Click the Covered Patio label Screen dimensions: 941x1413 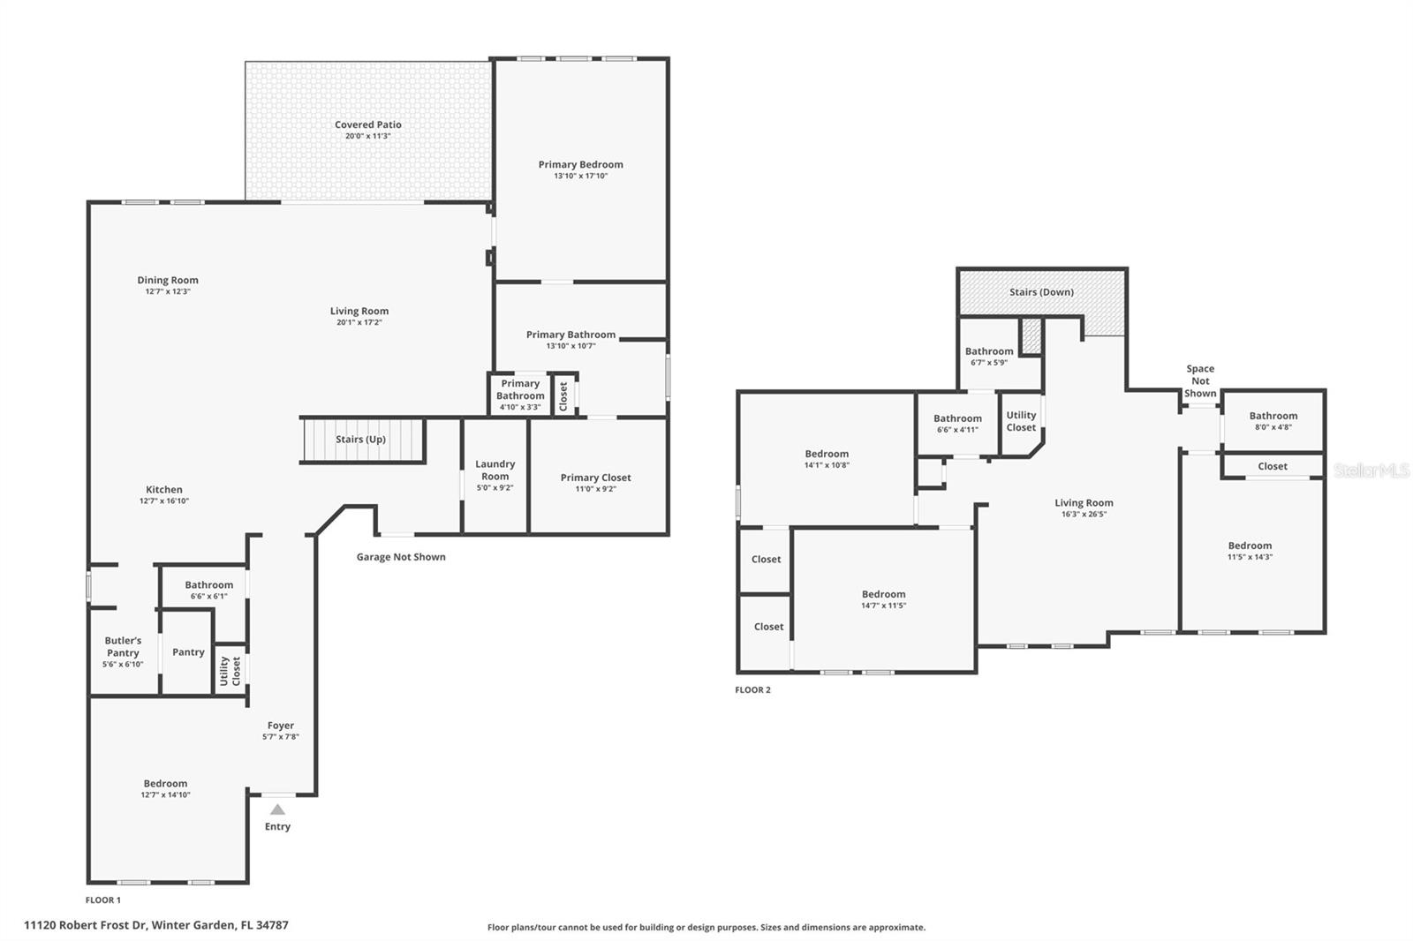pos(367,125)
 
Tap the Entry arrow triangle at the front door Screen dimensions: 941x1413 pos(277,809)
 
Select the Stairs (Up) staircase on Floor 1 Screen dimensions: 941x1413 pos(361,440)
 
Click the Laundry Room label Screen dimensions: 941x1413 pos(495,470)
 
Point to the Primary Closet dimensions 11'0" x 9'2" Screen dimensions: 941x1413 pos(595,489)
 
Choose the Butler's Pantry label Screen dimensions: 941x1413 pos(123,647)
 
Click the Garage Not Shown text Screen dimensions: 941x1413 pos(401,557)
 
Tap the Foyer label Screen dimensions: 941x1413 pos(281,726)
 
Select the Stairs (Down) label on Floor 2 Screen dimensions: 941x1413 pos(1041,292)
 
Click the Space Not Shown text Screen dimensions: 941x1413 pos(1200,381)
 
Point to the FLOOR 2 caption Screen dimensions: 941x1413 pos(752,690)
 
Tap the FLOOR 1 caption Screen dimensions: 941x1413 pos(102,900)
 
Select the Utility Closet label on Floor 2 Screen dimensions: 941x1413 pos(1021,421)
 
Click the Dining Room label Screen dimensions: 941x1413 pos(168,281)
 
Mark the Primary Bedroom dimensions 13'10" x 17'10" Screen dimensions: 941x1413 pos(580,177)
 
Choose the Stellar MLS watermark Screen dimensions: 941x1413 pos(1371,470)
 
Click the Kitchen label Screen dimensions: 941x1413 pos(164,490)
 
